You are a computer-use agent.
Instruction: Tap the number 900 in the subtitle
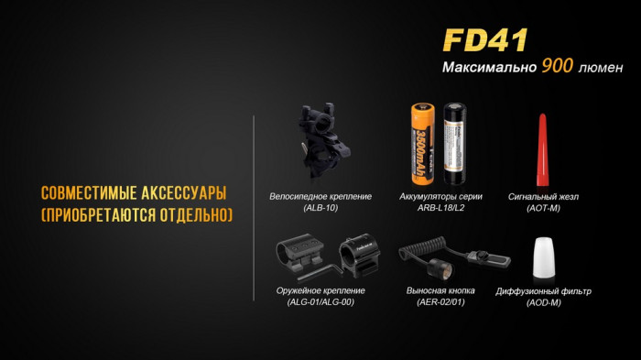558,66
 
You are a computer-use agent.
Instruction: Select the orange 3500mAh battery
423,145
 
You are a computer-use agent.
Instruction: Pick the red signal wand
542,147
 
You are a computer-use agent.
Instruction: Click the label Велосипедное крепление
307,197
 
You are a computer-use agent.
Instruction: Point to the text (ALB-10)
307,208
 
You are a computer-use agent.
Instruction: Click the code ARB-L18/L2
440,208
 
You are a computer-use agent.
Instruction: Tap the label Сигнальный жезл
543,197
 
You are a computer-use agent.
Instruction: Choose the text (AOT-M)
543,208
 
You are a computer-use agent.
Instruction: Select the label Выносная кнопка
440,290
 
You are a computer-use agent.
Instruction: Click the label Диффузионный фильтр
543,290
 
